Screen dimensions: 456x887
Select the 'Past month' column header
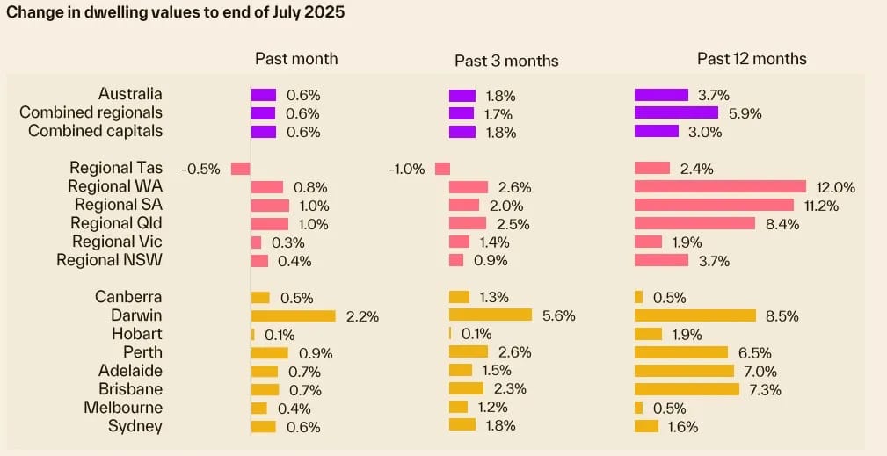[296, 59]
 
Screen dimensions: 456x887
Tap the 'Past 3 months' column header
[506, 60]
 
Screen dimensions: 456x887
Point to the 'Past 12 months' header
[752, 59]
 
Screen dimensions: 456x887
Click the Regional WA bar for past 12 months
[720, 186]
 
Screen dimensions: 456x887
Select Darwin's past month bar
[294, 315]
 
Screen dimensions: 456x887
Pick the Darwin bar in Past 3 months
[491, 315]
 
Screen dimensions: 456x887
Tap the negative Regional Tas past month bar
[240, 168]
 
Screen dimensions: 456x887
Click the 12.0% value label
[835, 187]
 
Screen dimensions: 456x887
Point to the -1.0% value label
[407, 169]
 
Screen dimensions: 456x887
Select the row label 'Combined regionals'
[91, 112]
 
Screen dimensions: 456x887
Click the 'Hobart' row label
[137, 334]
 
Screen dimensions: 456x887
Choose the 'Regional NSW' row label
[109, 260]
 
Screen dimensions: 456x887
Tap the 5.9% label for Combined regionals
[743, 113]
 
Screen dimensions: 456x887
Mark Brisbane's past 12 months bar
[687, 389]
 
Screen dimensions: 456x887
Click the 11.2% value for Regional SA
[821, 206]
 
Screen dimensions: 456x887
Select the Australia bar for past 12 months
[661, 95]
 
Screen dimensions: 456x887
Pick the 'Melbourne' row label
[123, 408]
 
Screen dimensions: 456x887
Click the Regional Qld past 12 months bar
[694, 223]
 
